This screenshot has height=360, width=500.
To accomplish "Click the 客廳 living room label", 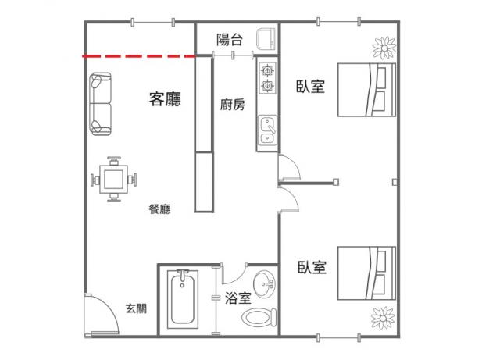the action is tap(165, 99).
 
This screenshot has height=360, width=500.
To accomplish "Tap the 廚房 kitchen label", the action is tap(233, 105).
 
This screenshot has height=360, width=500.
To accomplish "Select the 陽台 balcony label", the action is tap(230, 40).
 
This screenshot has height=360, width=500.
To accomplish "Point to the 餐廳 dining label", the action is tap(159, 209).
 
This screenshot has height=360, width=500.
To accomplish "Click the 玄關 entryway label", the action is tap(136, 308).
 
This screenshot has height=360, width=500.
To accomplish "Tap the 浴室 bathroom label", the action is tap(237, 298).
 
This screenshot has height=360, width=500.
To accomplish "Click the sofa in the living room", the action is tap(101, 104).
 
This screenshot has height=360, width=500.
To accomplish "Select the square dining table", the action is tap(114, 179).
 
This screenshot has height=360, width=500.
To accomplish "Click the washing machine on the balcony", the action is tap(266, 39).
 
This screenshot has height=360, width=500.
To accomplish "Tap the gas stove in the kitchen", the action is tap(267, 78).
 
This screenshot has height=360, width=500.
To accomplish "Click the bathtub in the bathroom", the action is tap(182, 299).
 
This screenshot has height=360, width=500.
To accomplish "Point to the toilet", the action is tap(259, 317).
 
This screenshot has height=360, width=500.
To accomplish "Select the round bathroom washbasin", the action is tap(264, 284).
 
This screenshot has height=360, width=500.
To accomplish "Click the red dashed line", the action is tap(139, 56).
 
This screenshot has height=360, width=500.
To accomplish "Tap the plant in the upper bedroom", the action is tap(384, 48).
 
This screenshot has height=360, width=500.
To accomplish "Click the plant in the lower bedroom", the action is tap(384, 318).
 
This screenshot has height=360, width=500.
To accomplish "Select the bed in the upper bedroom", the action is tap(366, 90).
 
